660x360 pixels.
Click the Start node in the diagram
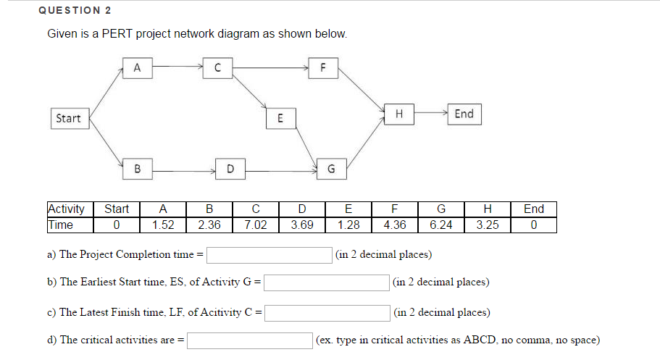tap(68, 118)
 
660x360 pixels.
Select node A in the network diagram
tap(137, 68)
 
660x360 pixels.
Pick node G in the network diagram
tap(331, 169)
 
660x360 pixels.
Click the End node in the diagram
tap(464, 114)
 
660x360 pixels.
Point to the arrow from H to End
tap(431, 114)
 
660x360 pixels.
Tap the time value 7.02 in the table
tap(255, 225)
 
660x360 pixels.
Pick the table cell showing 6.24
tap(440, 225)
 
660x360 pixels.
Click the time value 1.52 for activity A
tap(162, 225)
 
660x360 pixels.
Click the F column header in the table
tap(395, 209)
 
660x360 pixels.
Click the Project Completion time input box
tap(270, 254)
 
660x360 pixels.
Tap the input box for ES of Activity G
tap(327, 282)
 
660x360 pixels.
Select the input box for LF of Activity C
tap(327, 313)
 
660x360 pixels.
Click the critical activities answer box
tap(250, 340)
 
